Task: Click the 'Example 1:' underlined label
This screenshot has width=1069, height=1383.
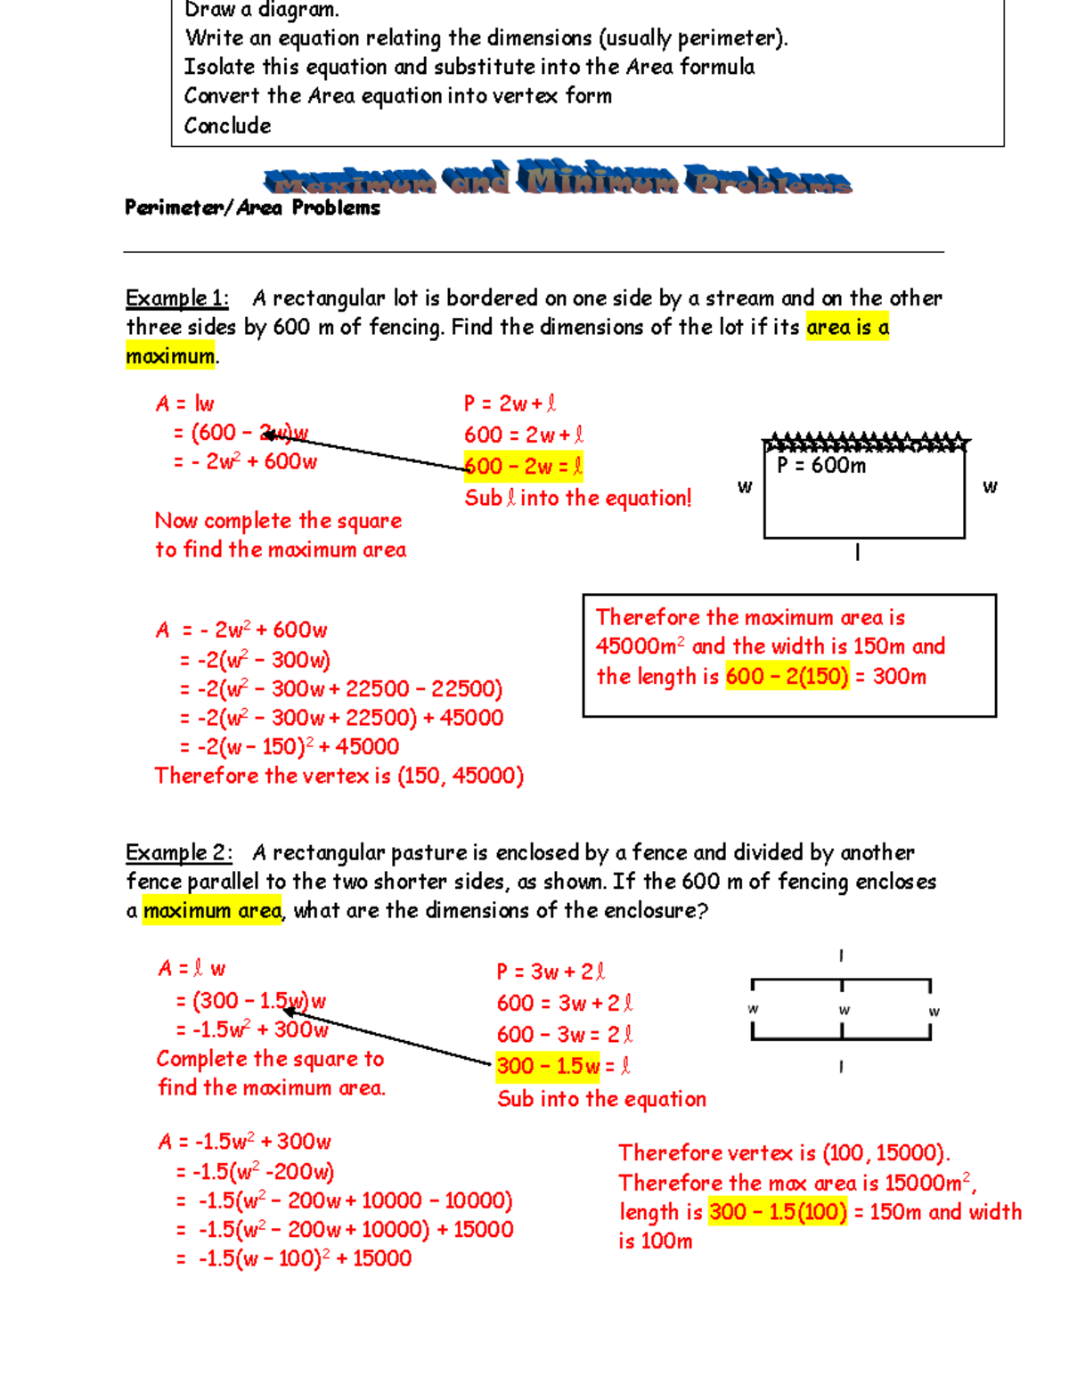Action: [x=176, y=298]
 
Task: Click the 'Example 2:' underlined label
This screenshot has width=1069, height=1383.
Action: [x=178, y=853]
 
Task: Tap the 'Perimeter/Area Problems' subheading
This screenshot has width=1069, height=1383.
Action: [x=252, y=208]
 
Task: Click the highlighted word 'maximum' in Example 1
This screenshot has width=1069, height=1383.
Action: [x=170, y=357]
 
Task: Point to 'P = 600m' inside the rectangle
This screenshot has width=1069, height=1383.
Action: [x=820, y=466]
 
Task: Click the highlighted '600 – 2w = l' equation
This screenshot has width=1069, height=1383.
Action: [x=523, y=467]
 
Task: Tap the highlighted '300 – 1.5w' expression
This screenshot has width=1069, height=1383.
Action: [x=548, y=1066]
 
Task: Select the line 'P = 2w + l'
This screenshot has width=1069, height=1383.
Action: [x=510, y=404]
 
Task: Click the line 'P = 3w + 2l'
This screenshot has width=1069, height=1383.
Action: [x=551, y=972]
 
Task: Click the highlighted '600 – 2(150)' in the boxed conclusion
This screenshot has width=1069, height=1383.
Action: [x=787, y=677]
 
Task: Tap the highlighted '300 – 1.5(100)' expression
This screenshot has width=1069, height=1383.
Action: [x=778, y=1212]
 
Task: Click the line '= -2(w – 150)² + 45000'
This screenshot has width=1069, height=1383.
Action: [x=289, y=747]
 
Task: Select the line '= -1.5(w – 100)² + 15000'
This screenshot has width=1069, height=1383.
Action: [x=293, y=1258]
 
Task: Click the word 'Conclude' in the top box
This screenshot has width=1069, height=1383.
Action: [x=227, y=126]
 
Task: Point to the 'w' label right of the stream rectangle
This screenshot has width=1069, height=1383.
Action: [x=990, y=486]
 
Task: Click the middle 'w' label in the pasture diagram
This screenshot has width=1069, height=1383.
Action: [x=844, y=1010]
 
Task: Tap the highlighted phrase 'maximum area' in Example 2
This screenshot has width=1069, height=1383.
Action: [x=212, y=911]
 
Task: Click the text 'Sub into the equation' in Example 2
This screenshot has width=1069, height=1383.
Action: [x=601, y=1099]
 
